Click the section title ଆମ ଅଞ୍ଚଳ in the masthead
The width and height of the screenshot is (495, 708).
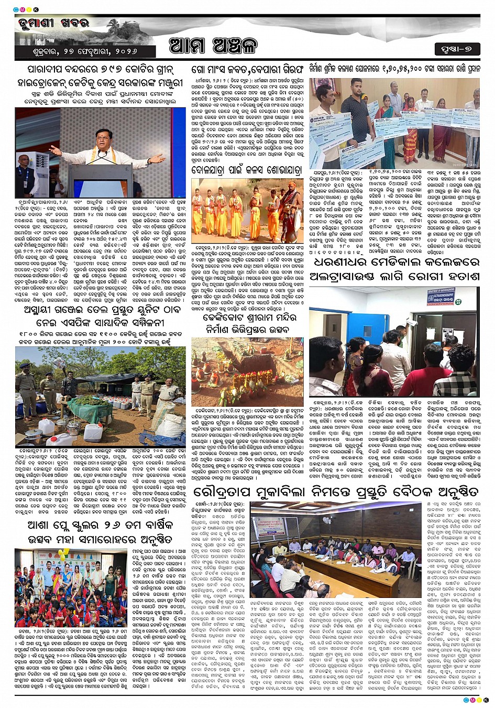click(x=213, y=46)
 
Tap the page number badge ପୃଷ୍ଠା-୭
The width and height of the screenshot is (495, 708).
click(x=457, y=49)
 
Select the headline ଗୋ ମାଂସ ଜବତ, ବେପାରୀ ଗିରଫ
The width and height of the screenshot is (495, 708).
click(x=247, y=69)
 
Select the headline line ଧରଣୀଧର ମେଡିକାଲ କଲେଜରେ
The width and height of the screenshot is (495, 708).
click(x=394, y=262)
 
